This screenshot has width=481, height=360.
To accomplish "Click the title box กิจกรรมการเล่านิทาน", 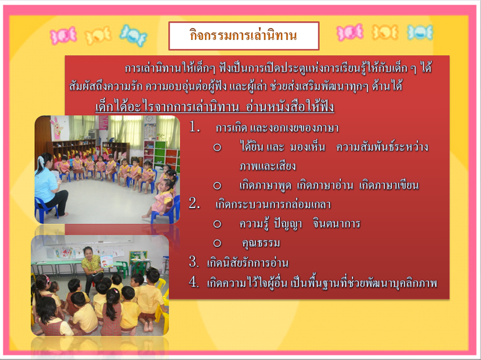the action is click(244, 36).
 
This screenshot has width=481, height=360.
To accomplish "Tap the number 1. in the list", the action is click(194, 126).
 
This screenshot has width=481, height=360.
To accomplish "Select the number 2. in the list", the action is click(194, 203).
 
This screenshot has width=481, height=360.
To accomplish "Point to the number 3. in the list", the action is click(194, 262).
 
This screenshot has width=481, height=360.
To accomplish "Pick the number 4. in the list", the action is click(194, 282).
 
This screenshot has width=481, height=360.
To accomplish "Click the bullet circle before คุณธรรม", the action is click(217, 243).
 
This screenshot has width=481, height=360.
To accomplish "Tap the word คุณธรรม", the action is click(261, 243).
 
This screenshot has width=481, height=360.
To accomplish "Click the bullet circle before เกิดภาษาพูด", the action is click(217, 185).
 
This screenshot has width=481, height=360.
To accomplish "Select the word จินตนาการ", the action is click(337, 224).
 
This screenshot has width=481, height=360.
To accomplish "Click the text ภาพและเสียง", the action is click(268, 166).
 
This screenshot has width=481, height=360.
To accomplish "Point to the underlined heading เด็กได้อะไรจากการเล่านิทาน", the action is click(167, 107).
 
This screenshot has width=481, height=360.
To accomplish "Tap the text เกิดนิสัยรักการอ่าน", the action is click(248, 263).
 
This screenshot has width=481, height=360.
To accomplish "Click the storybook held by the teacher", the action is click(107, 261).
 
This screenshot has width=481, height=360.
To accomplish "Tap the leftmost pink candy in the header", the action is click(63, 36).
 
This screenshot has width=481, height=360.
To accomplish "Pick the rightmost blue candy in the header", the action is click(420, 33).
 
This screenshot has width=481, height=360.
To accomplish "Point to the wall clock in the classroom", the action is click(150, 119).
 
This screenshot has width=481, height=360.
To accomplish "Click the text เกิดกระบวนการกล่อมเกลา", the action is click(273, 204).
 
